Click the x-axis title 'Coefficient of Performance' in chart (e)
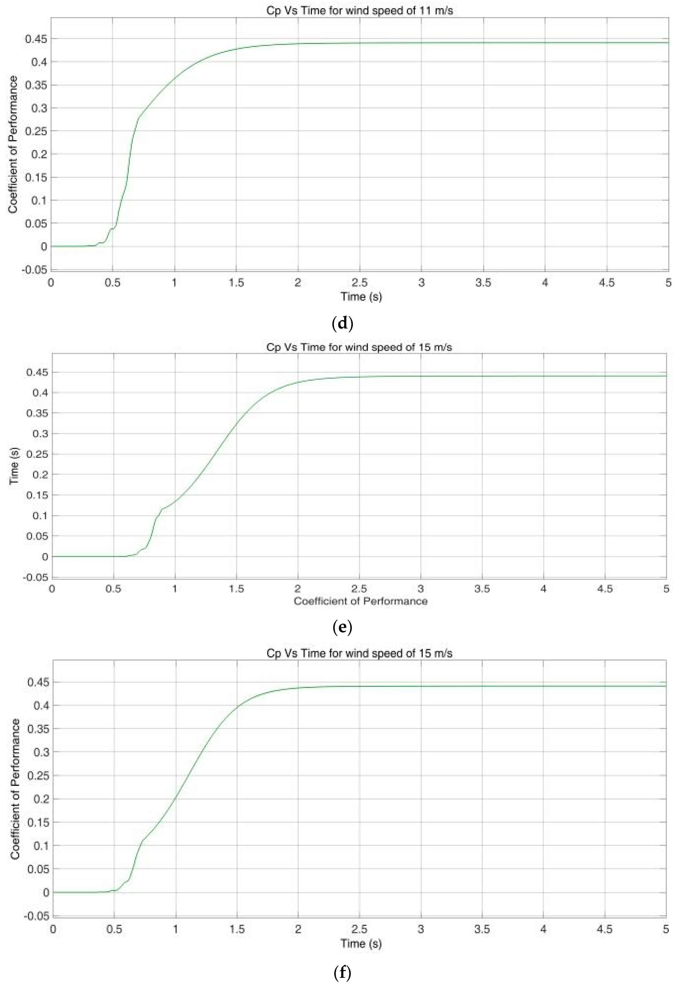360,601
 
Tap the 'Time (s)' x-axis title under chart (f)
361,943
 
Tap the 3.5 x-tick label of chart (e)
482,589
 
